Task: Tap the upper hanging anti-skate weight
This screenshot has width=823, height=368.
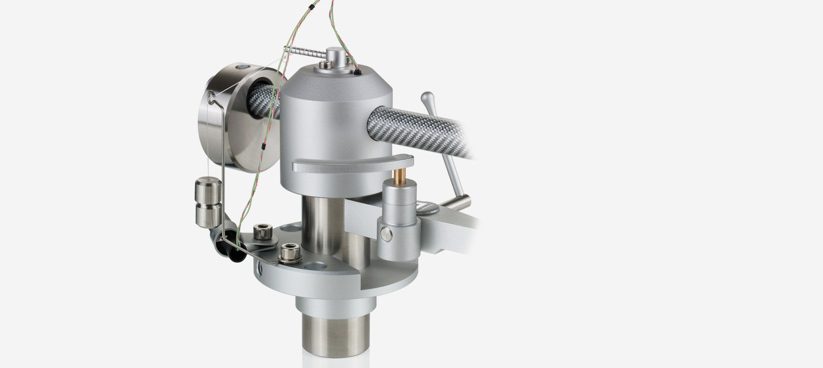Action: tap(208, 190)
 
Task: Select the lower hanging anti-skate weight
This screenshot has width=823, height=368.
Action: tap(208, 215)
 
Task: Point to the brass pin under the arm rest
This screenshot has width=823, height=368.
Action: tap(399, 176)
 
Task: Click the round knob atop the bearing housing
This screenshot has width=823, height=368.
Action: tap(336, 57)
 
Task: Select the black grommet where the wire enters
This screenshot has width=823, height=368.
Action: tap(357, 73)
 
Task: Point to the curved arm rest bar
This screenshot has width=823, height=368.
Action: tap(353, 163)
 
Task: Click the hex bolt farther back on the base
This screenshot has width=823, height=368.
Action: tap(263, 232)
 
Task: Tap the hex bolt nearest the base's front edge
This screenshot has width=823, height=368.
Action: tap(290, 253)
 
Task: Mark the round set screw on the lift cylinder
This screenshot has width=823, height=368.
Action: tap(386, 234)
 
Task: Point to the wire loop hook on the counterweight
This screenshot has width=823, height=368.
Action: tap(212, 97)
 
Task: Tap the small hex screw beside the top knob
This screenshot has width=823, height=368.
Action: tap(324, 65)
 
